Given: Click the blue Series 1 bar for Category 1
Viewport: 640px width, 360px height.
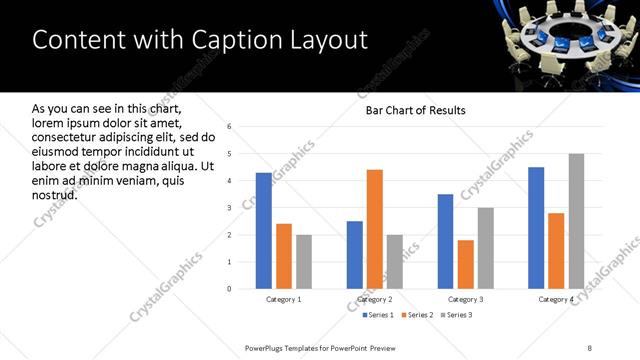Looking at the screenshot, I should coord(264,231).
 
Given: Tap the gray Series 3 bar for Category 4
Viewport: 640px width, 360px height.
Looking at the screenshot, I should coord(576,221).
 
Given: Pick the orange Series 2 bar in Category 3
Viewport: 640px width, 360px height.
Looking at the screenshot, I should coord(465,264).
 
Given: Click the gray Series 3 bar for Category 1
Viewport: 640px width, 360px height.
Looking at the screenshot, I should coord(304,262).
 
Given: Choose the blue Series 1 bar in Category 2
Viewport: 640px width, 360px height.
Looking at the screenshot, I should coord(355,255).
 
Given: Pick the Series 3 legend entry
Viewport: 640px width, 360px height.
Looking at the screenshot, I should coord(456,316).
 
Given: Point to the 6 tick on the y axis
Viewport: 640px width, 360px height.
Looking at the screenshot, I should coord(230,127).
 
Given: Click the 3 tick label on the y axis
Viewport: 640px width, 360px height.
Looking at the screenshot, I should coord(230,208).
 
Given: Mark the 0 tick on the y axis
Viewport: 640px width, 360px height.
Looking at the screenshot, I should coord(230,289).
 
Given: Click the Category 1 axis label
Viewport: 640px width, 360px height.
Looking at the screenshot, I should coord(284,299).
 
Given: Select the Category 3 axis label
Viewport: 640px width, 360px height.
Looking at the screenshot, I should coord(465,299).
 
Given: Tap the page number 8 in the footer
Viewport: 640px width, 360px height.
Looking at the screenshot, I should coord(590,348).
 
